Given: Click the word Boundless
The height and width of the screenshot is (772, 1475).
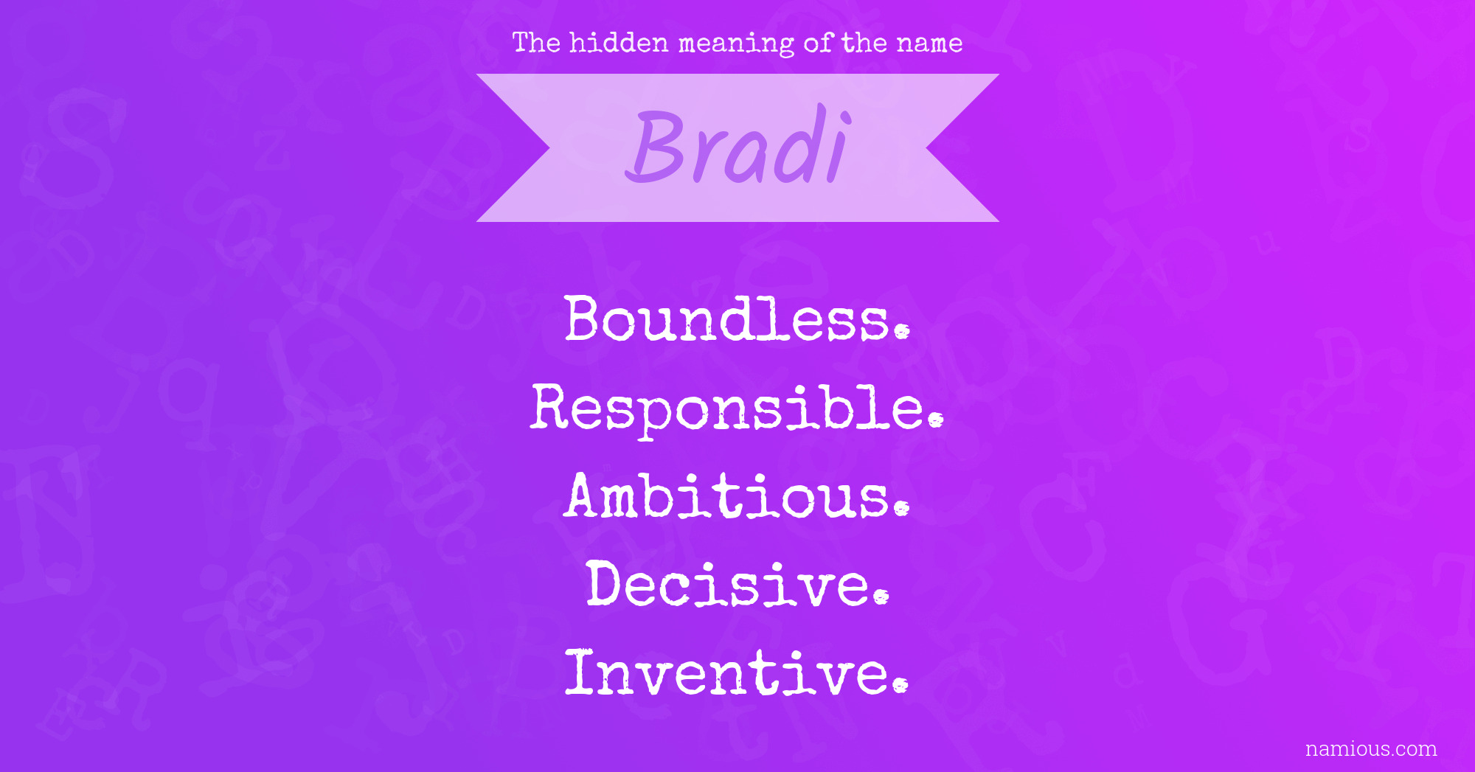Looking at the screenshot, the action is (x=737, y=319).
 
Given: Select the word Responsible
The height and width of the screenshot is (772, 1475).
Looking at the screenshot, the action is (x=737, y=409).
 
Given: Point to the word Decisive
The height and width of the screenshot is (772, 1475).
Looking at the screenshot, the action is (x=738, y=583).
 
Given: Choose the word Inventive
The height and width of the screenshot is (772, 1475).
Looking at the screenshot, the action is (x=737, y=672).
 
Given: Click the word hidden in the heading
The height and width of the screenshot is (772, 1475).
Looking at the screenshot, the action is (x=619, y=43).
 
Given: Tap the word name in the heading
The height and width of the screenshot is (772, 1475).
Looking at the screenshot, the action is (x=929, y=44).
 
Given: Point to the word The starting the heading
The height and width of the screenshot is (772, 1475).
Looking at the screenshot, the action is (x=536, y=43).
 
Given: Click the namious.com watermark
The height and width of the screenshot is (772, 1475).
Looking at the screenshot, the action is (x=1371, y=748).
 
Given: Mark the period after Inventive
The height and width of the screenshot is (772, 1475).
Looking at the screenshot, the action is (x=899, y=686).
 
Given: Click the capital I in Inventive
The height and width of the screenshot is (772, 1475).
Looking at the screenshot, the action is (x=580, y=672).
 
